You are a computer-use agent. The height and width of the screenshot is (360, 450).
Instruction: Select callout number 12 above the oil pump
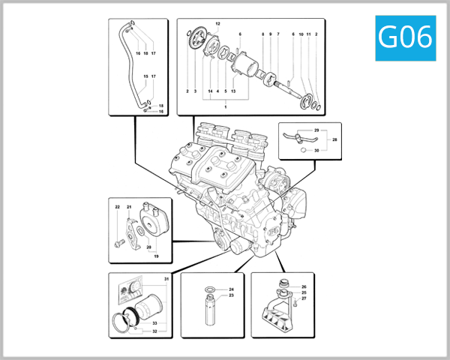click(x=218, y=25)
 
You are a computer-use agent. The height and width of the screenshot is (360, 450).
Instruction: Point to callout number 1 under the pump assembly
click(x=224, y=106)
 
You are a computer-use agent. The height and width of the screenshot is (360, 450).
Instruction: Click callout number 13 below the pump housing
click(x=234, y=91)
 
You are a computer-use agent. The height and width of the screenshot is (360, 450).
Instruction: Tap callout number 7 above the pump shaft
click(x=277, y=34)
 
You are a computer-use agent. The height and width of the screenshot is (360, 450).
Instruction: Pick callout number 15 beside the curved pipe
click(x=145, y=76)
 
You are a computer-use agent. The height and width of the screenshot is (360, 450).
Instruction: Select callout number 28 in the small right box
click(x=335, y=139)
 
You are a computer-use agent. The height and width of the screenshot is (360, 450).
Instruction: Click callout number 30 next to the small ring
click(x=316, y=150)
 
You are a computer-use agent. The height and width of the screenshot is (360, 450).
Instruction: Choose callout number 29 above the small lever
click(x=316, y=130)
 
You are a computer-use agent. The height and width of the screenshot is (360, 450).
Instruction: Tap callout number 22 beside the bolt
click(x=117, y=207)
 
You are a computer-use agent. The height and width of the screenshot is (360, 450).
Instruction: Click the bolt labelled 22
click(x=118, y=243)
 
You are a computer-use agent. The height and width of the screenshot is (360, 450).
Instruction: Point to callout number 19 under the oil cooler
click(x=157, y=256)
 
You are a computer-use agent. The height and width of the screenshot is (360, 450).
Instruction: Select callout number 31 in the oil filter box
click(x=166, y=279)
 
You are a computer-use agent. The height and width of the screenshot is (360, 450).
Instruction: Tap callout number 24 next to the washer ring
click(x=232, y=289)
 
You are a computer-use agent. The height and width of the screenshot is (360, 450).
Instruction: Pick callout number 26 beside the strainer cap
click(x=304, y=287)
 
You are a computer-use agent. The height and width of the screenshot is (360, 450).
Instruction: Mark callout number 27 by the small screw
click(x=304, y=299)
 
